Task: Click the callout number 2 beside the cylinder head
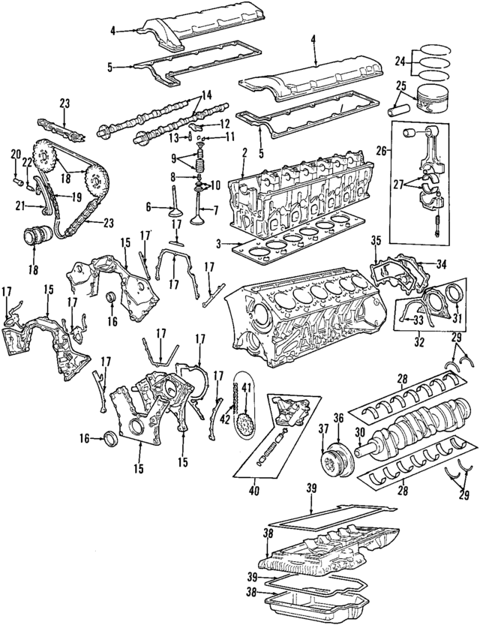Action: pyautogui.click(x=244, y=153)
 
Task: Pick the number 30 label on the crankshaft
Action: pyautogui.click(x=358, y=432)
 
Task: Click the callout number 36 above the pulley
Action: pyautogui.click(x=337, y=419)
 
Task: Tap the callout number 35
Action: pyautogui.click(x=376, y=241)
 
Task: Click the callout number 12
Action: pyautogui.click(x=224, y=123)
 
